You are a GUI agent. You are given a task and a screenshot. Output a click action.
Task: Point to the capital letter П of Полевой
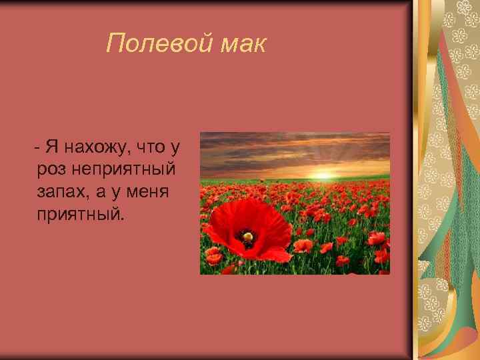point(115,44)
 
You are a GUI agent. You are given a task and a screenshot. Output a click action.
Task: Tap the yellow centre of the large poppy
point(247,235)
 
